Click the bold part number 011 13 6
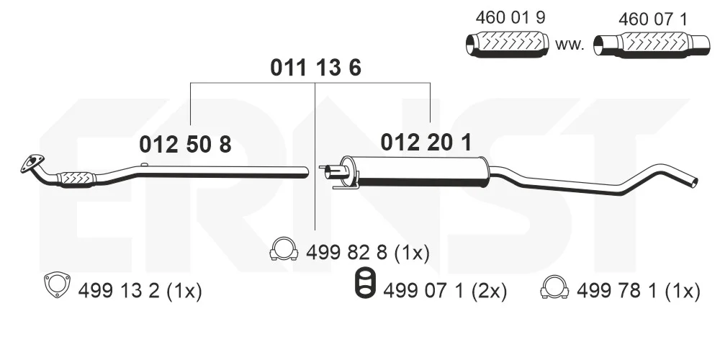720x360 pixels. coord(315,68)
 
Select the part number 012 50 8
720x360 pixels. coord(185,145)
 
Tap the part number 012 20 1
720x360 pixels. coord(426,143)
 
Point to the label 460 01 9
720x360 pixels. coord(510,17)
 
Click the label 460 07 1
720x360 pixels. coord(652,19)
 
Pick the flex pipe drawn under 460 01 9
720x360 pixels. coord(508,45)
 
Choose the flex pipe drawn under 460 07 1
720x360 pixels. coord(651,45)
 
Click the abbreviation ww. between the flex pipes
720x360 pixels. coord(570,45)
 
